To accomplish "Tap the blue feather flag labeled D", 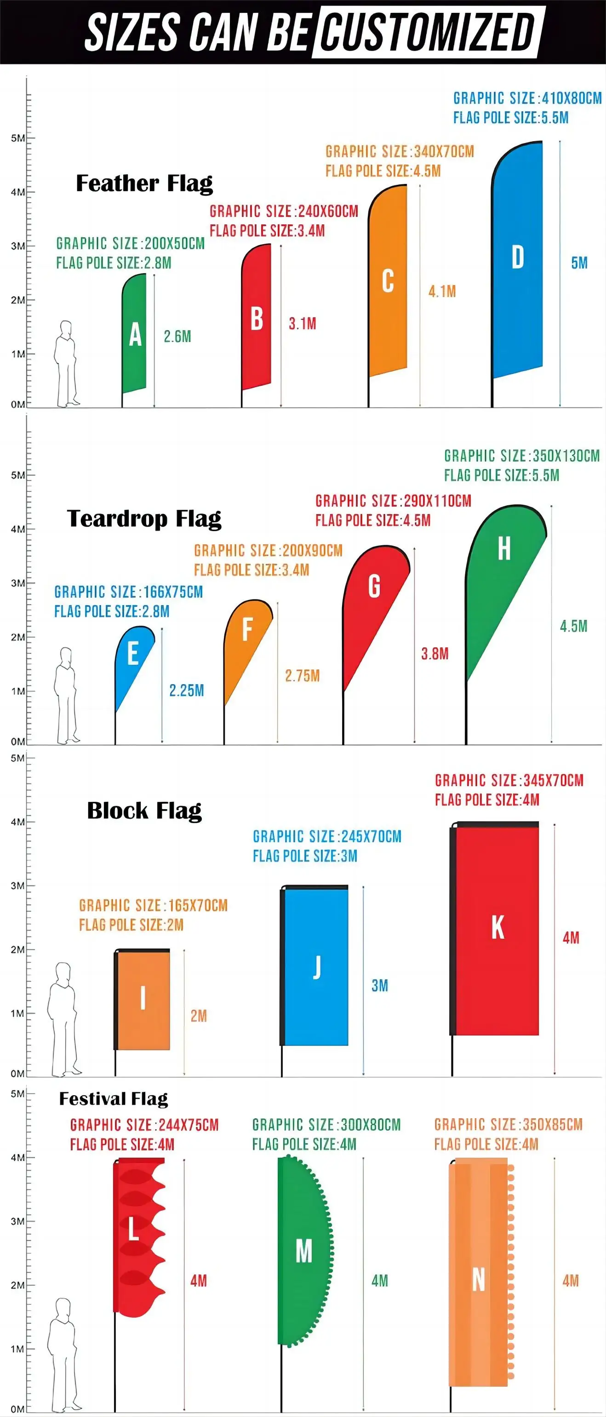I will click(x=517, y=258).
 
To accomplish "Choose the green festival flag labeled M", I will click(x=303, y=1251).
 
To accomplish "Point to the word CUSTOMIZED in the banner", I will click(x=427, y=32).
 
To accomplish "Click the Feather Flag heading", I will click(x=144, y=183).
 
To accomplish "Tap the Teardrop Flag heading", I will click(x=144, y=518).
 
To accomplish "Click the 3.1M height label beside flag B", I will click(x=303, y=324).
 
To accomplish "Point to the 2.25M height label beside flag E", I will click(x=186, y=691).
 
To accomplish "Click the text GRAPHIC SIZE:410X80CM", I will click(x=527, y=98).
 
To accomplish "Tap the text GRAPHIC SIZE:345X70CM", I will click(x=509, y=780).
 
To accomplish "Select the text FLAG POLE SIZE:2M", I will click(x=131, y=925).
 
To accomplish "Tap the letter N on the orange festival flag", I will click(x=479, y=1280).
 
